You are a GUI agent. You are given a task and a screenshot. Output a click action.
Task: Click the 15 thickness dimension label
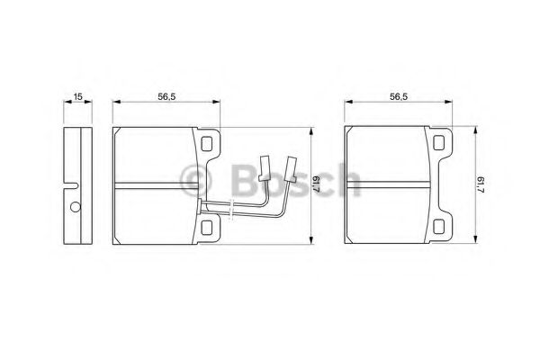77,96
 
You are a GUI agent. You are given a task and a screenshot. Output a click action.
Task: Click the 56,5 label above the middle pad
166,97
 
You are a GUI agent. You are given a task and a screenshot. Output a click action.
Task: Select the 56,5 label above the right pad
399,97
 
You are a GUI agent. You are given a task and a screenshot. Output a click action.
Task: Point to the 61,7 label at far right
481,184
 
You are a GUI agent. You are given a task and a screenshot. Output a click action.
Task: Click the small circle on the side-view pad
75,207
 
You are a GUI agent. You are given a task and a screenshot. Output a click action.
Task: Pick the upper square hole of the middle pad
206,144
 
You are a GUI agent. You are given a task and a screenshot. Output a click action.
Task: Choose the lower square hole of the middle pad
206,228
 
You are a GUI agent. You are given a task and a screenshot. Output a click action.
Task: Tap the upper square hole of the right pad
438,142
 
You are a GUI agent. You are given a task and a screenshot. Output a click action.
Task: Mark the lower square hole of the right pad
438,226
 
